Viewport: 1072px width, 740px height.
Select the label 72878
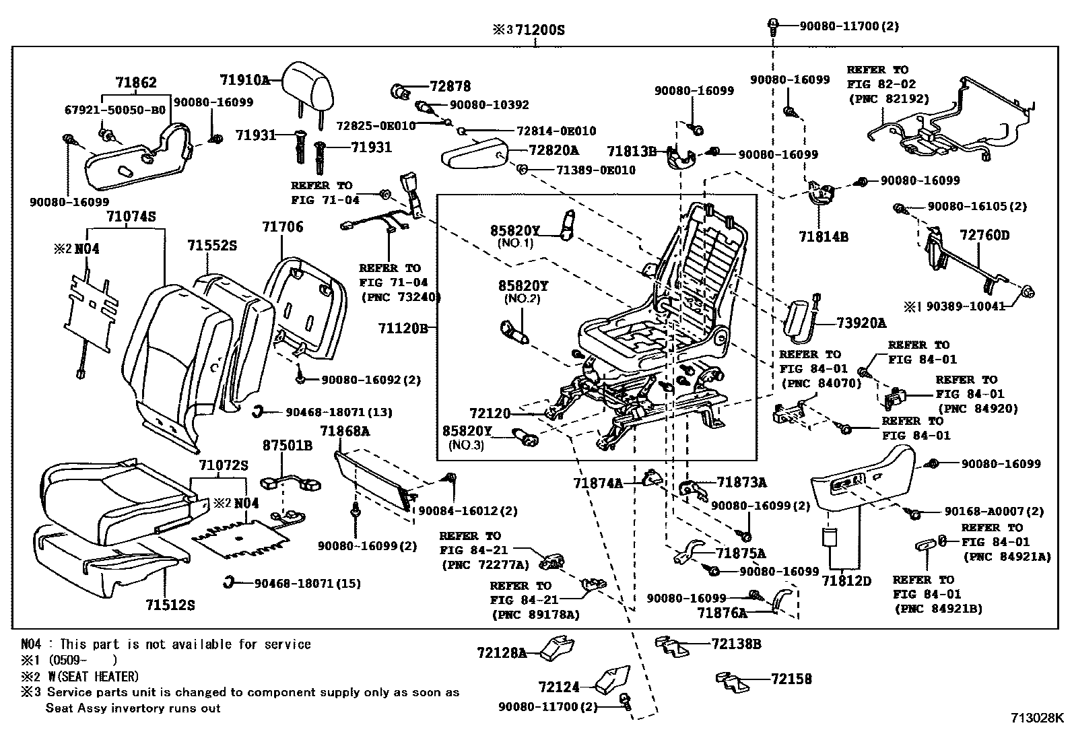450,86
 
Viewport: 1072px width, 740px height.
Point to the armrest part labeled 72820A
471,158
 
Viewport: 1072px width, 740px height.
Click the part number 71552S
212,246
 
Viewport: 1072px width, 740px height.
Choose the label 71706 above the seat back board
283,228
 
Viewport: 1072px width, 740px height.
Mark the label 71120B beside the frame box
403,329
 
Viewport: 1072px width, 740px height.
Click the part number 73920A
862,323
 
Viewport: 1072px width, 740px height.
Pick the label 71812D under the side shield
846,580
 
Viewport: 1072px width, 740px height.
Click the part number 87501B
287,445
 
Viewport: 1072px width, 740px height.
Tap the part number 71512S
170,605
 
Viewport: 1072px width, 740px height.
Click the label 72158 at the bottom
791,679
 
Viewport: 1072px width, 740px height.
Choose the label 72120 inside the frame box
490,413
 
